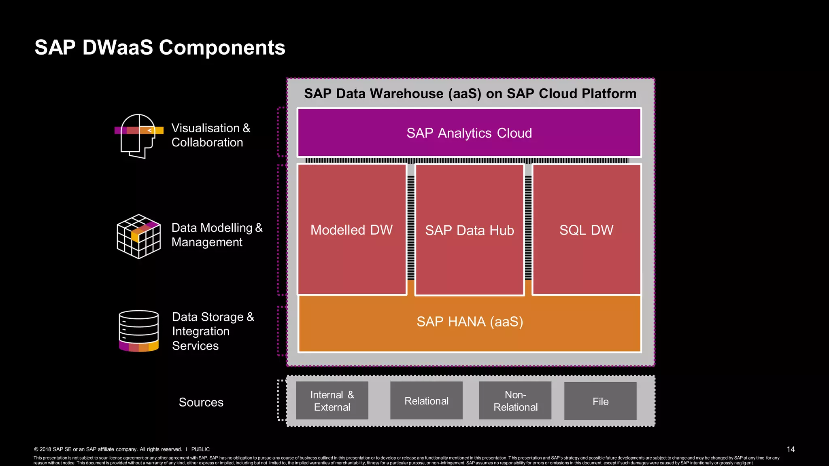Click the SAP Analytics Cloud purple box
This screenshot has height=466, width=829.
469,133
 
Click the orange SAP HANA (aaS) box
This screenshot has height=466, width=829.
470,324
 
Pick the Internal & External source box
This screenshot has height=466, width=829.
332,400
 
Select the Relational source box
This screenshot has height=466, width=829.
426,401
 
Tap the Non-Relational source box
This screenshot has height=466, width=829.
515,400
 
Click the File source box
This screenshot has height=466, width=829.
600,401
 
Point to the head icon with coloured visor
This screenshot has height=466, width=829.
139,136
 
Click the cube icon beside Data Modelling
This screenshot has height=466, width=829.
138,236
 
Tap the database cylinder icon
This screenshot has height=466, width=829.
138,331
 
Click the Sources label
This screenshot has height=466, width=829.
201,402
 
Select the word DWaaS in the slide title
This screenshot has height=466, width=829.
117,47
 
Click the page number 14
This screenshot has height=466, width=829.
791,449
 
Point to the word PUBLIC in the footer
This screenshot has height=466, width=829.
200,449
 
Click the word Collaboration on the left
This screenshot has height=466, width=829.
207,142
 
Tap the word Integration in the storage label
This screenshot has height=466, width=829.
201,331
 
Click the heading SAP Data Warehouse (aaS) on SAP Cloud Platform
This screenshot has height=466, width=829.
470,93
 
